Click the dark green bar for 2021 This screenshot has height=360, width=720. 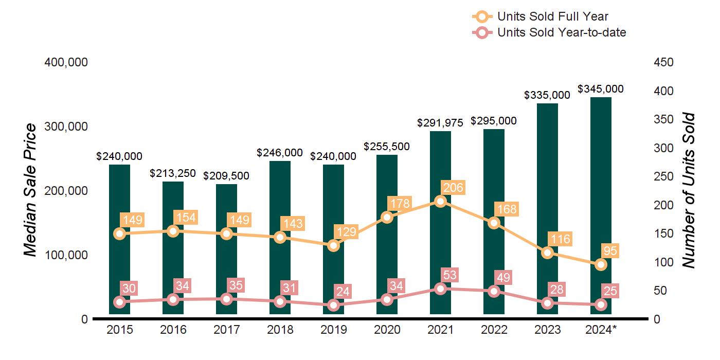pos(440,154)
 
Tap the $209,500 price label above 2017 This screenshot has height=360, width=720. pos(226,176)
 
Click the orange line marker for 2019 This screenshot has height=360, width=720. pos(334,245)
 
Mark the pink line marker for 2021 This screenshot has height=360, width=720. pos(440,289)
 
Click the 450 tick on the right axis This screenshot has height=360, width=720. pos(664,62)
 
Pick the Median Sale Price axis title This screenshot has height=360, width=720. pos(31,190)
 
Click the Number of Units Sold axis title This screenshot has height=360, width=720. pos(689,190)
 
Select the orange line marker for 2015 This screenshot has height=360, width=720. pos(120,234)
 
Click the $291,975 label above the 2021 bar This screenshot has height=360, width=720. pos(440,123)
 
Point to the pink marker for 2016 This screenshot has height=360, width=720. pos(173,300)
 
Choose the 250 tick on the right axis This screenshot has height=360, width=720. pos(664,176)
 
